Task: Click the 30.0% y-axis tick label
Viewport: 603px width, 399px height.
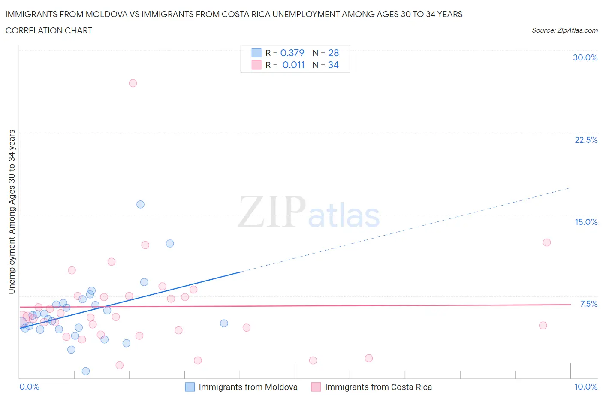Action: [x=585, y=57]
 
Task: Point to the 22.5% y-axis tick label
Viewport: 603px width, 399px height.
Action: [x=586, y=140]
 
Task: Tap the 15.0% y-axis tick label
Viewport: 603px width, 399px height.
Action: [x=586, y=222]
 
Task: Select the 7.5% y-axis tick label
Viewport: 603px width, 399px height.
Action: [x=588, y=304]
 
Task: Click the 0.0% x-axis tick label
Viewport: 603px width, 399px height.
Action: [x=29, y=387]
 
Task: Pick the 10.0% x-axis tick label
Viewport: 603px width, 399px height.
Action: [x=586, y=387]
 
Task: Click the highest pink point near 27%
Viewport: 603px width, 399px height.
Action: [x=133, y=83]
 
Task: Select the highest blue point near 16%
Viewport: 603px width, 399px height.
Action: [x=140, y=204]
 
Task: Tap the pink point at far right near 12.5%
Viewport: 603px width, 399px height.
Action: [x=546, y=242]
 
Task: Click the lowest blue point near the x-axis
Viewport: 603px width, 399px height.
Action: [x=86, y=371]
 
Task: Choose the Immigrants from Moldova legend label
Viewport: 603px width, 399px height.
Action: [x=248, y=387]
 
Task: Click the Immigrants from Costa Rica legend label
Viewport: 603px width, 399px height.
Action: [x=378, y=387]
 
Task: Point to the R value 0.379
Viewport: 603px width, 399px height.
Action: [x=292, y=53]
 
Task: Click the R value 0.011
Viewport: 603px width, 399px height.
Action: [x=293, y=65]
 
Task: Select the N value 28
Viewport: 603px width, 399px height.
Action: [x=334, y=53]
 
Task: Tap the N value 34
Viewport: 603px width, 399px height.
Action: [x=333, y=65]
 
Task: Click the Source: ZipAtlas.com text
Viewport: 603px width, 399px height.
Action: [x=564, y=30]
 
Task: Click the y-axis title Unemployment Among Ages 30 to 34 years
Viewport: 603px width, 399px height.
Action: [x=12, y=212]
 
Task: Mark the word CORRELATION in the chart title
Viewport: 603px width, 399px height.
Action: [x=29, y=30]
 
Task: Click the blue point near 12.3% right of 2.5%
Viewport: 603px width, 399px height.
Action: [x=170, y=243]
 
